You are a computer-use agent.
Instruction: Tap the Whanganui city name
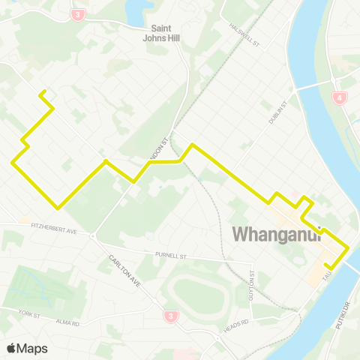tap(277, 234)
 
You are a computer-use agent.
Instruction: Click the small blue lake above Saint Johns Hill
tap(136, 11)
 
